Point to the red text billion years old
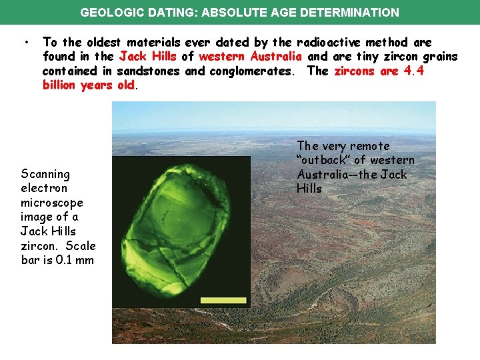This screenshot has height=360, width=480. coord(89,85)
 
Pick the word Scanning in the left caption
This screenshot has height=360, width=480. coord(45,174)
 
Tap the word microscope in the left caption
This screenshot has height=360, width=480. coord(52,203)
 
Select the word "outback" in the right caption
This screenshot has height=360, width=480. coord(323,160)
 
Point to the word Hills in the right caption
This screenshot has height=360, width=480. coord(309,189)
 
